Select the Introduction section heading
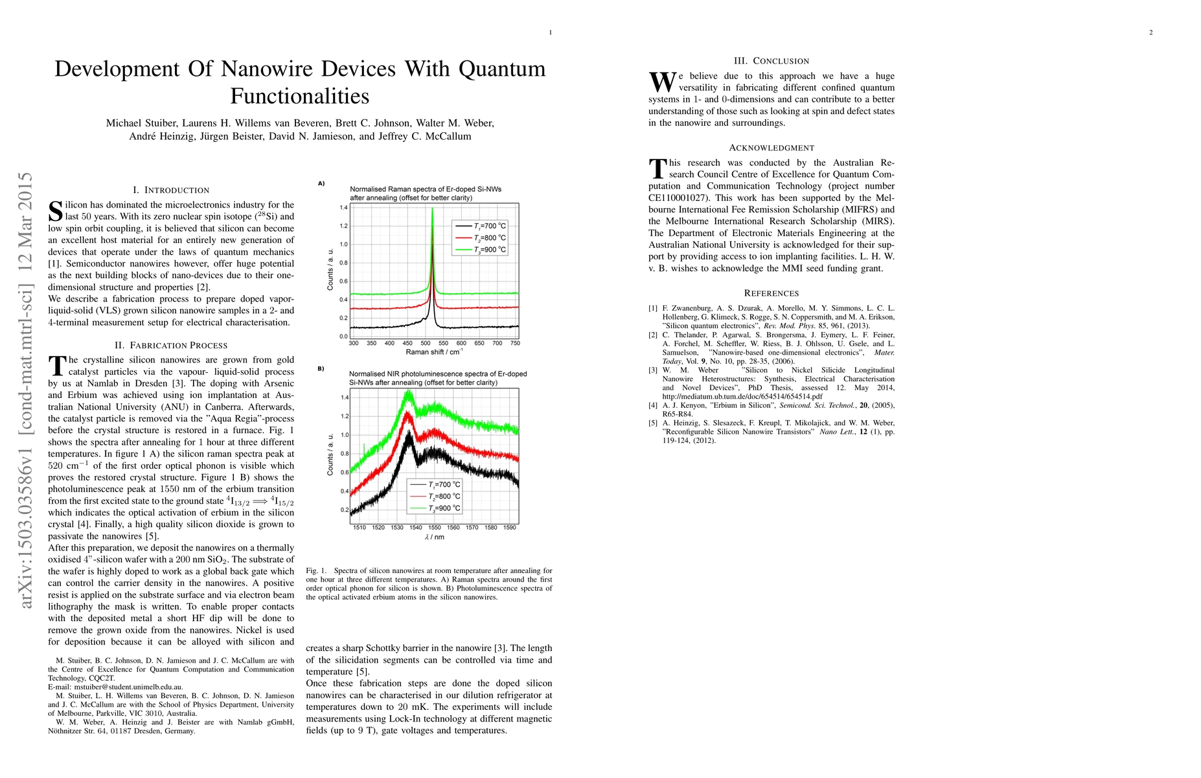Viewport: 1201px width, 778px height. (x=171, y=190)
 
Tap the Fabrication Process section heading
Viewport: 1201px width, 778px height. (x=171, y=345)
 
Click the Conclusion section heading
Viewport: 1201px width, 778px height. (x=772, y=61)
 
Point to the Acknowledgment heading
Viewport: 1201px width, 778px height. (x=772, y=148)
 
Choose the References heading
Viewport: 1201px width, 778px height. (x=772, y=293)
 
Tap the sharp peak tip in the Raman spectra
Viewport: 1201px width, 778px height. (x=432, y=209)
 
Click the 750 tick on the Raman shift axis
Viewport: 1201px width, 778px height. (x=515, y=344)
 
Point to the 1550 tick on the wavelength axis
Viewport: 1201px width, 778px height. (x=435, y=528)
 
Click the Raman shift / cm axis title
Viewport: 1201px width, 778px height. (x=434, y=352)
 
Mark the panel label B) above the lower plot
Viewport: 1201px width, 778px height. (x=321, y=369)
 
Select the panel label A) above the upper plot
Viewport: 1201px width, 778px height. (x=321, y=183)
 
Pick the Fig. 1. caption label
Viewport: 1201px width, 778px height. (x=316, y=571)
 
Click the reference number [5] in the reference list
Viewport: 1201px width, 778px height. (x=653, y=423)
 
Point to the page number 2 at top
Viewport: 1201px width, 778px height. (x=1151, y=32)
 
